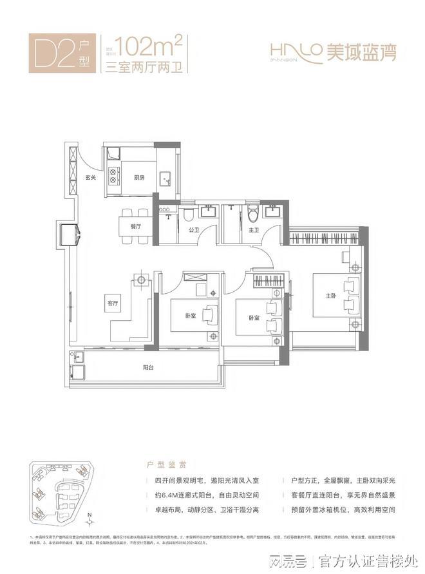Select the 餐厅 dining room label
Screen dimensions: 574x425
pyautogui.click(x=135, y=227)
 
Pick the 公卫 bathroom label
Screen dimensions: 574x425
pyautogui.click(x=193, y=229)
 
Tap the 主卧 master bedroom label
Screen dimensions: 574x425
pyautogui.click(x=331, y=296)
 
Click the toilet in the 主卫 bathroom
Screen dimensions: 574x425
pyautogui.click(x=253, y=215)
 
